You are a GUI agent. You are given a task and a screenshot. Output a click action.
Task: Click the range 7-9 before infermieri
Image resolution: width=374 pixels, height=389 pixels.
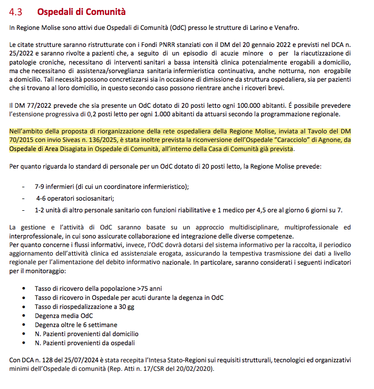tap(42, 186)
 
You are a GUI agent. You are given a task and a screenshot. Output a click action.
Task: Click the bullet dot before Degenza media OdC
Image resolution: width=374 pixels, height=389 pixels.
tap(23, 315)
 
